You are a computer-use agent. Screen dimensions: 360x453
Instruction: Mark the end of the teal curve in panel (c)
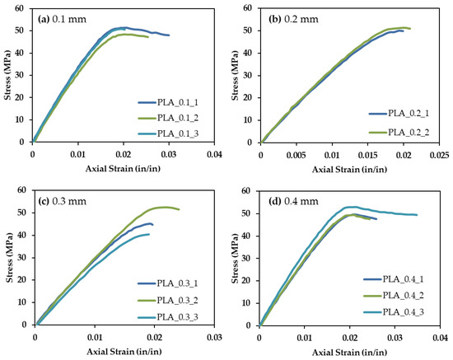[x=149, y=234]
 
